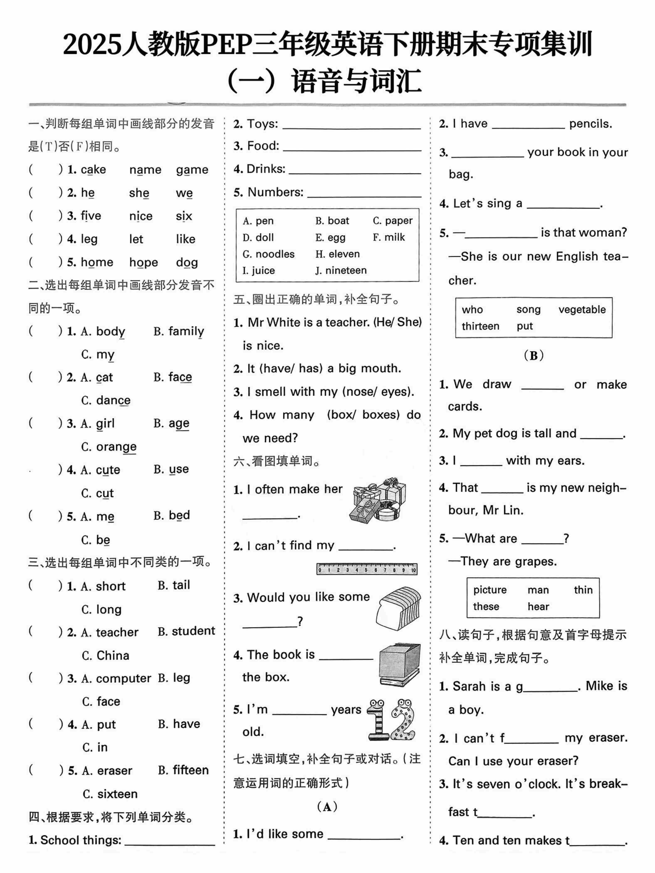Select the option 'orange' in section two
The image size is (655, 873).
pyautogui.click(x=116, y=447)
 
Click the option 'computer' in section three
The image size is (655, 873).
pyautogui.click(x=123, y=678)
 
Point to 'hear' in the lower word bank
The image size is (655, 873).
pyautogui.click(x=538, y=607)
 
